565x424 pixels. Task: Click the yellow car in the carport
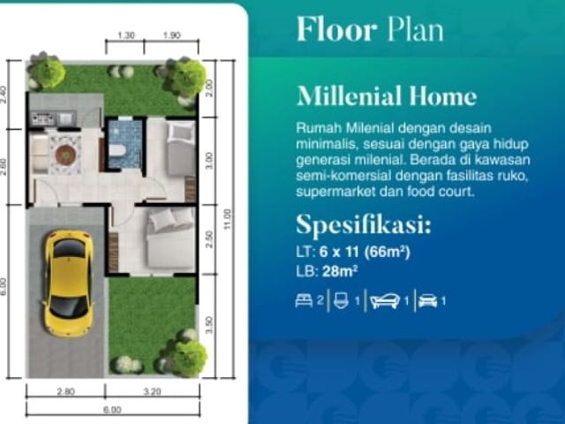tap(68, 284)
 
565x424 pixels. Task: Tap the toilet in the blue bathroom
tap(117, 151)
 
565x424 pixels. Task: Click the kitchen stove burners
tap(43, 118)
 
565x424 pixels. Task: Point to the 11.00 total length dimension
tap(227, 219)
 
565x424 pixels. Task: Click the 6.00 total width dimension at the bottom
tap(112, 410)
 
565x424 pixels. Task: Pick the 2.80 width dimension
tap(66, 391)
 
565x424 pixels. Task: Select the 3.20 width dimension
tap(152, 391)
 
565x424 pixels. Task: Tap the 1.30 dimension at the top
tap(126, 35)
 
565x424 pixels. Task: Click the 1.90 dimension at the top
tap(171, 35)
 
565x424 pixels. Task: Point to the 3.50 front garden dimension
tap(209, 325)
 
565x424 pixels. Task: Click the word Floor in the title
tap(337, 29)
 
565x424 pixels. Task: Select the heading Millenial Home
tap(387, 96)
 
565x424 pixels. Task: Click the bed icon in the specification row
tap(304, 300)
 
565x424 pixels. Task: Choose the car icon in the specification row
tap(427, 300)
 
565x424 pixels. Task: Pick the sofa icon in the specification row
tap(385, 301)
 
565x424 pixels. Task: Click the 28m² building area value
tap(340, 271)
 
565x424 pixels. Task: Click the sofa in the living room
tap(40, 153)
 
